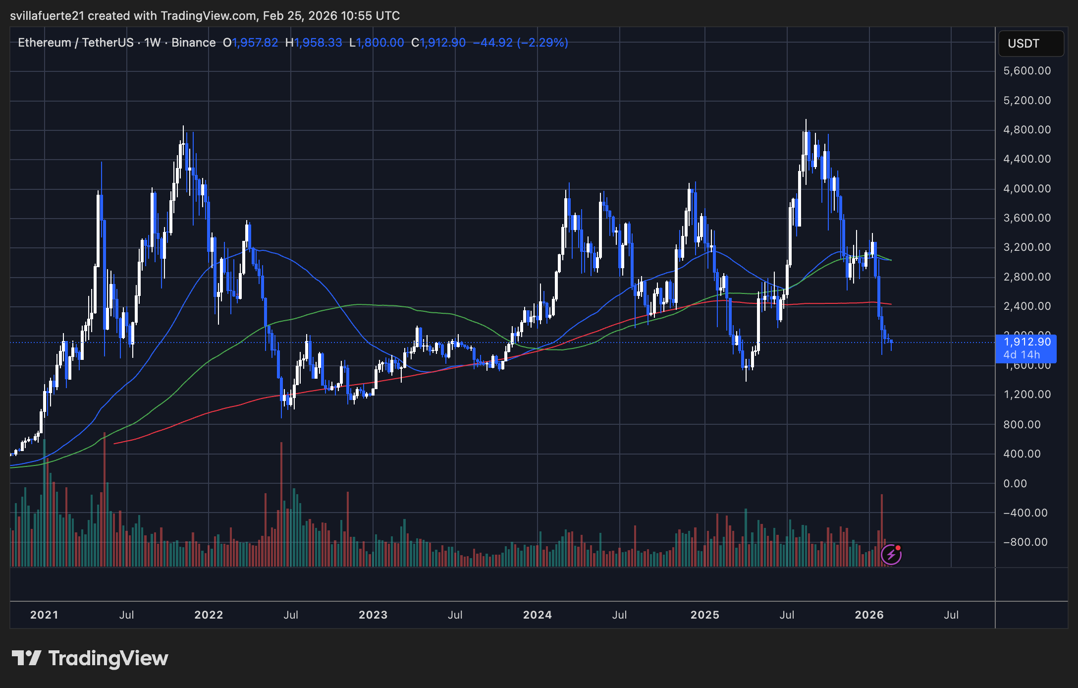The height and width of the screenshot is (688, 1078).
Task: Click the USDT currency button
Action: [x=1030, y=44]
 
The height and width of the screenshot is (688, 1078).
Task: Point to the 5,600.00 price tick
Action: [x=1027, y=71]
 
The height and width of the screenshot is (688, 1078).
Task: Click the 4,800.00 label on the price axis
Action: [x=1027, y=130]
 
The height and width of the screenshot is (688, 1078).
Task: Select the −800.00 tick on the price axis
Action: [x=1025, y=542]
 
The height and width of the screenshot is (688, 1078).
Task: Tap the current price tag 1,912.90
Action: [x=1026, y=342]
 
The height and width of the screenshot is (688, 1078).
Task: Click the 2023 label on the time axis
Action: [x=373, y=615]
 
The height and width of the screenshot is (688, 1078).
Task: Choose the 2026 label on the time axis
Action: [x=869, y=615]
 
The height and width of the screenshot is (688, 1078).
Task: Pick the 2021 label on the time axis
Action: [x=44, y=615]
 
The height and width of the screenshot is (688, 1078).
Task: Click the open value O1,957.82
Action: [x=250, y=43]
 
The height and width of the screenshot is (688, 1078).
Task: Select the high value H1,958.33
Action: [x=314, y=43]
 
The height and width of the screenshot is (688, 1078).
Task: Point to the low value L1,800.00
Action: [x=377, y=43]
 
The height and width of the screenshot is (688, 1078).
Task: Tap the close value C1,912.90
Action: [x=438, y=43]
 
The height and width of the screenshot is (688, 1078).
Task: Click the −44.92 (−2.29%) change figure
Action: [x=521, y=43]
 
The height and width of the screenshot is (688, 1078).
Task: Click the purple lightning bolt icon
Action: [x=891, y=555]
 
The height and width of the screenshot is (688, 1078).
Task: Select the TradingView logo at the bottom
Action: [x=90, y=658]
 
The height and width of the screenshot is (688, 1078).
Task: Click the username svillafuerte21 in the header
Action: [x=47, y=16]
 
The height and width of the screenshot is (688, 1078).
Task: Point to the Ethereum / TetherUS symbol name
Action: [x=76, y=43]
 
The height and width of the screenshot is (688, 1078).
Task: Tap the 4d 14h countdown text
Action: [x=1022, y=355]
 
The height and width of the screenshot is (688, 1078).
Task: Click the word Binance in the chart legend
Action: [x=193, y=43]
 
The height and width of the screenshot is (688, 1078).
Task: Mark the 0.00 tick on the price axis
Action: [x=1015, y=483]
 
